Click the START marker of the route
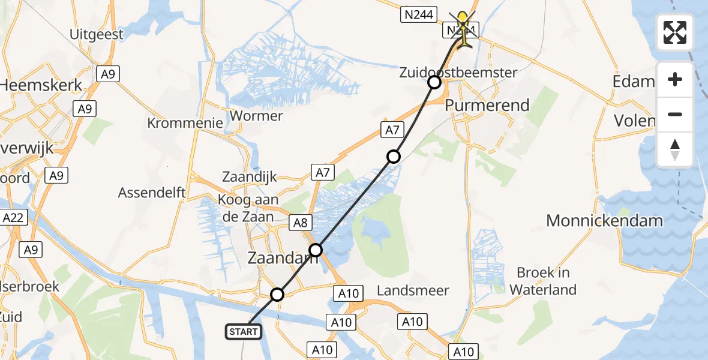coord(244,331)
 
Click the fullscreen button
coord(675,32)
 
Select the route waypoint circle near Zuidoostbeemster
coord(434,82)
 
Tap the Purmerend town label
coord(487,106)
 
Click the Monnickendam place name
coord(604,221)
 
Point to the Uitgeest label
coord(97,34)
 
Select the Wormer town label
coord(257,115)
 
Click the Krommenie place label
coord(185,123)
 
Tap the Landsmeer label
coord(413,291)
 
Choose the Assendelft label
coord(152,193)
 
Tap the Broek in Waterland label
coord(544,281)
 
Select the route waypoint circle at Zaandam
coord(316,250)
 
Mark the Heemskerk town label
coord(41,86)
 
